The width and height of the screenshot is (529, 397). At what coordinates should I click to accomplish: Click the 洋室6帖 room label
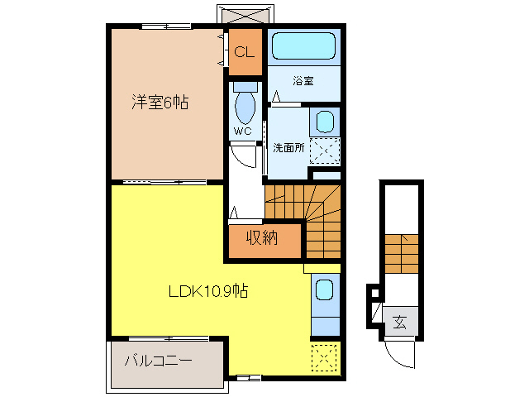point(159,103)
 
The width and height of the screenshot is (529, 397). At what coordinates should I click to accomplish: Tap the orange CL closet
point(244,51)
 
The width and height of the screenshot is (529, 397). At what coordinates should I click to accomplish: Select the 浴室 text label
point(303,81)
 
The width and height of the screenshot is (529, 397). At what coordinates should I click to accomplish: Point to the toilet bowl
point(245,108)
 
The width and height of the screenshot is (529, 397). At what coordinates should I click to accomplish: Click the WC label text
point(242,132)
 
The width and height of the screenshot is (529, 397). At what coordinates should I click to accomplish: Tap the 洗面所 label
point(288,147)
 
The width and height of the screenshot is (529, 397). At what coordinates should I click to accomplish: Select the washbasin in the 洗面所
point(325,122)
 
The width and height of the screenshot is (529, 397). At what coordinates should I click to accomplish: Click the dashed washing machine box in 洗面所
point(325,151)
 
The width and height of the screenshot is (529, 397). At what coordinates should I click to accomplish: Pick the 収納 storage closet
point(263,240)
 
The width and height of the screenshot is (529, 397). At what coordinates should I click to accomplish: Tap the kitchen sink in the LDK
point(325,290)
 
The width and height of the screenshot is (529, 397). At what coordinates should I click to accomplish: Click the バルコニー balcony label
point(159,361)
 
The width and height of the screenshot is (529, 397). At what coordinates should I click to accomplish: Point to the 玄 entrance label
point(400,323)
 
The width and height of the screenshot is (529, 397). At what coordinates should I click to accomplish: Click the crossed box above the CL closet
point(244,15)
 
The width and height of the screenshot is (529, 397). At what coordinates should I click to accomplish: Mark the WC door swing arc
point(241,156)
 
